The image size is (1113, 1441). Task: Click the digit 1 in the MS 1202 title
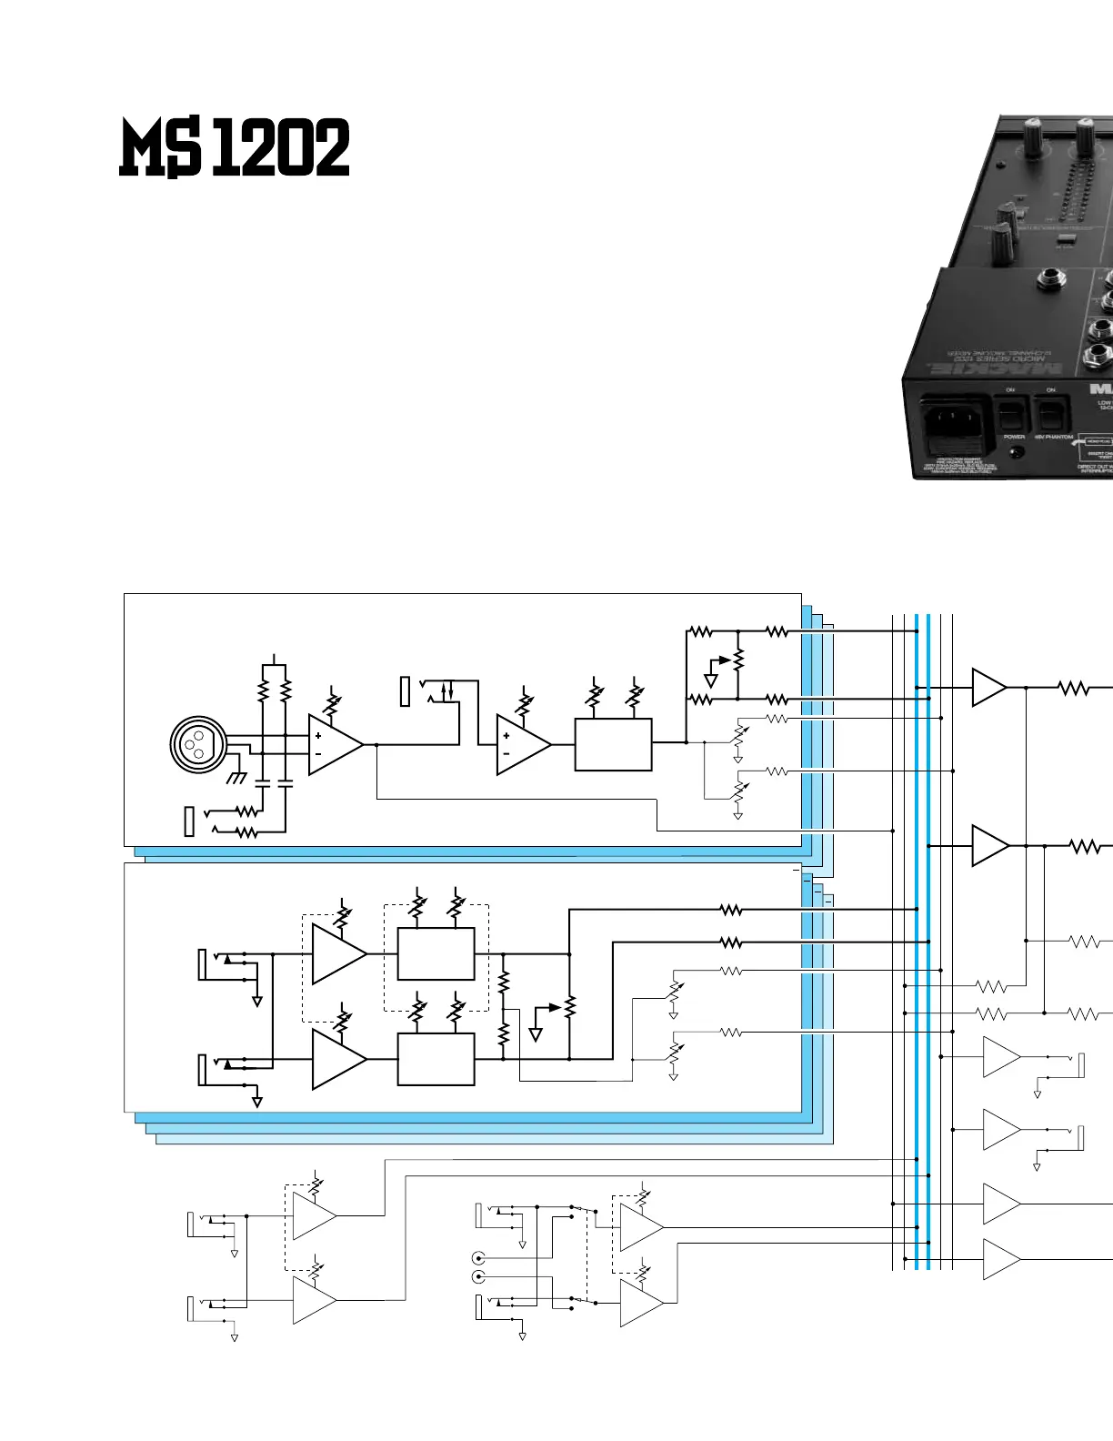(x=226, y=148)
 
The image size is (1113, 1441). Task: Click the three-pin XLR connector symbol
(x=198, y=745)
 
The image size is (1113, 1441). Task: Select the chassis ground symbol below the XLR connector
(x=236, y=778)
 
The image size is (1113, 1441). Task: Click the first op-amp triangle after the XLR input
(x=333, y=745)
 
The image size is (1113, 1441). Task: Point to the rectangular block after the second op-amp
(x=614, y=745)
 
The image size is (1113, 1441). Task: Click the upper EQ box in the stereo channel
(x=436, y=953)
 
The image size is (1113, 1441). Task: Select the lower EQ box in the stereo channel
(x=436, y=1059)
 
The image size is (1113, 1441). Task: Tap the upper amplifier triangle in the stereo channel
(x=336, y=954)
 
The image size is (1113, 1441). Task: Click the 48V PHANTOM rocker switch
(x=1052, y=417)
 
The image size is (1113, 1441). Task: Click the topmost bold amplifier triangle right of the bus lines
(x=988, y=688)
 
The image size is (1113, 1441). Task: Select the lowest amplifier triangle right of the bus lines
(x=1000, y=1260)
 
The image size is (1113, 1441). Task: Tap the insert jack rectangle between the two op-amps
(x=406, y=691)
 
